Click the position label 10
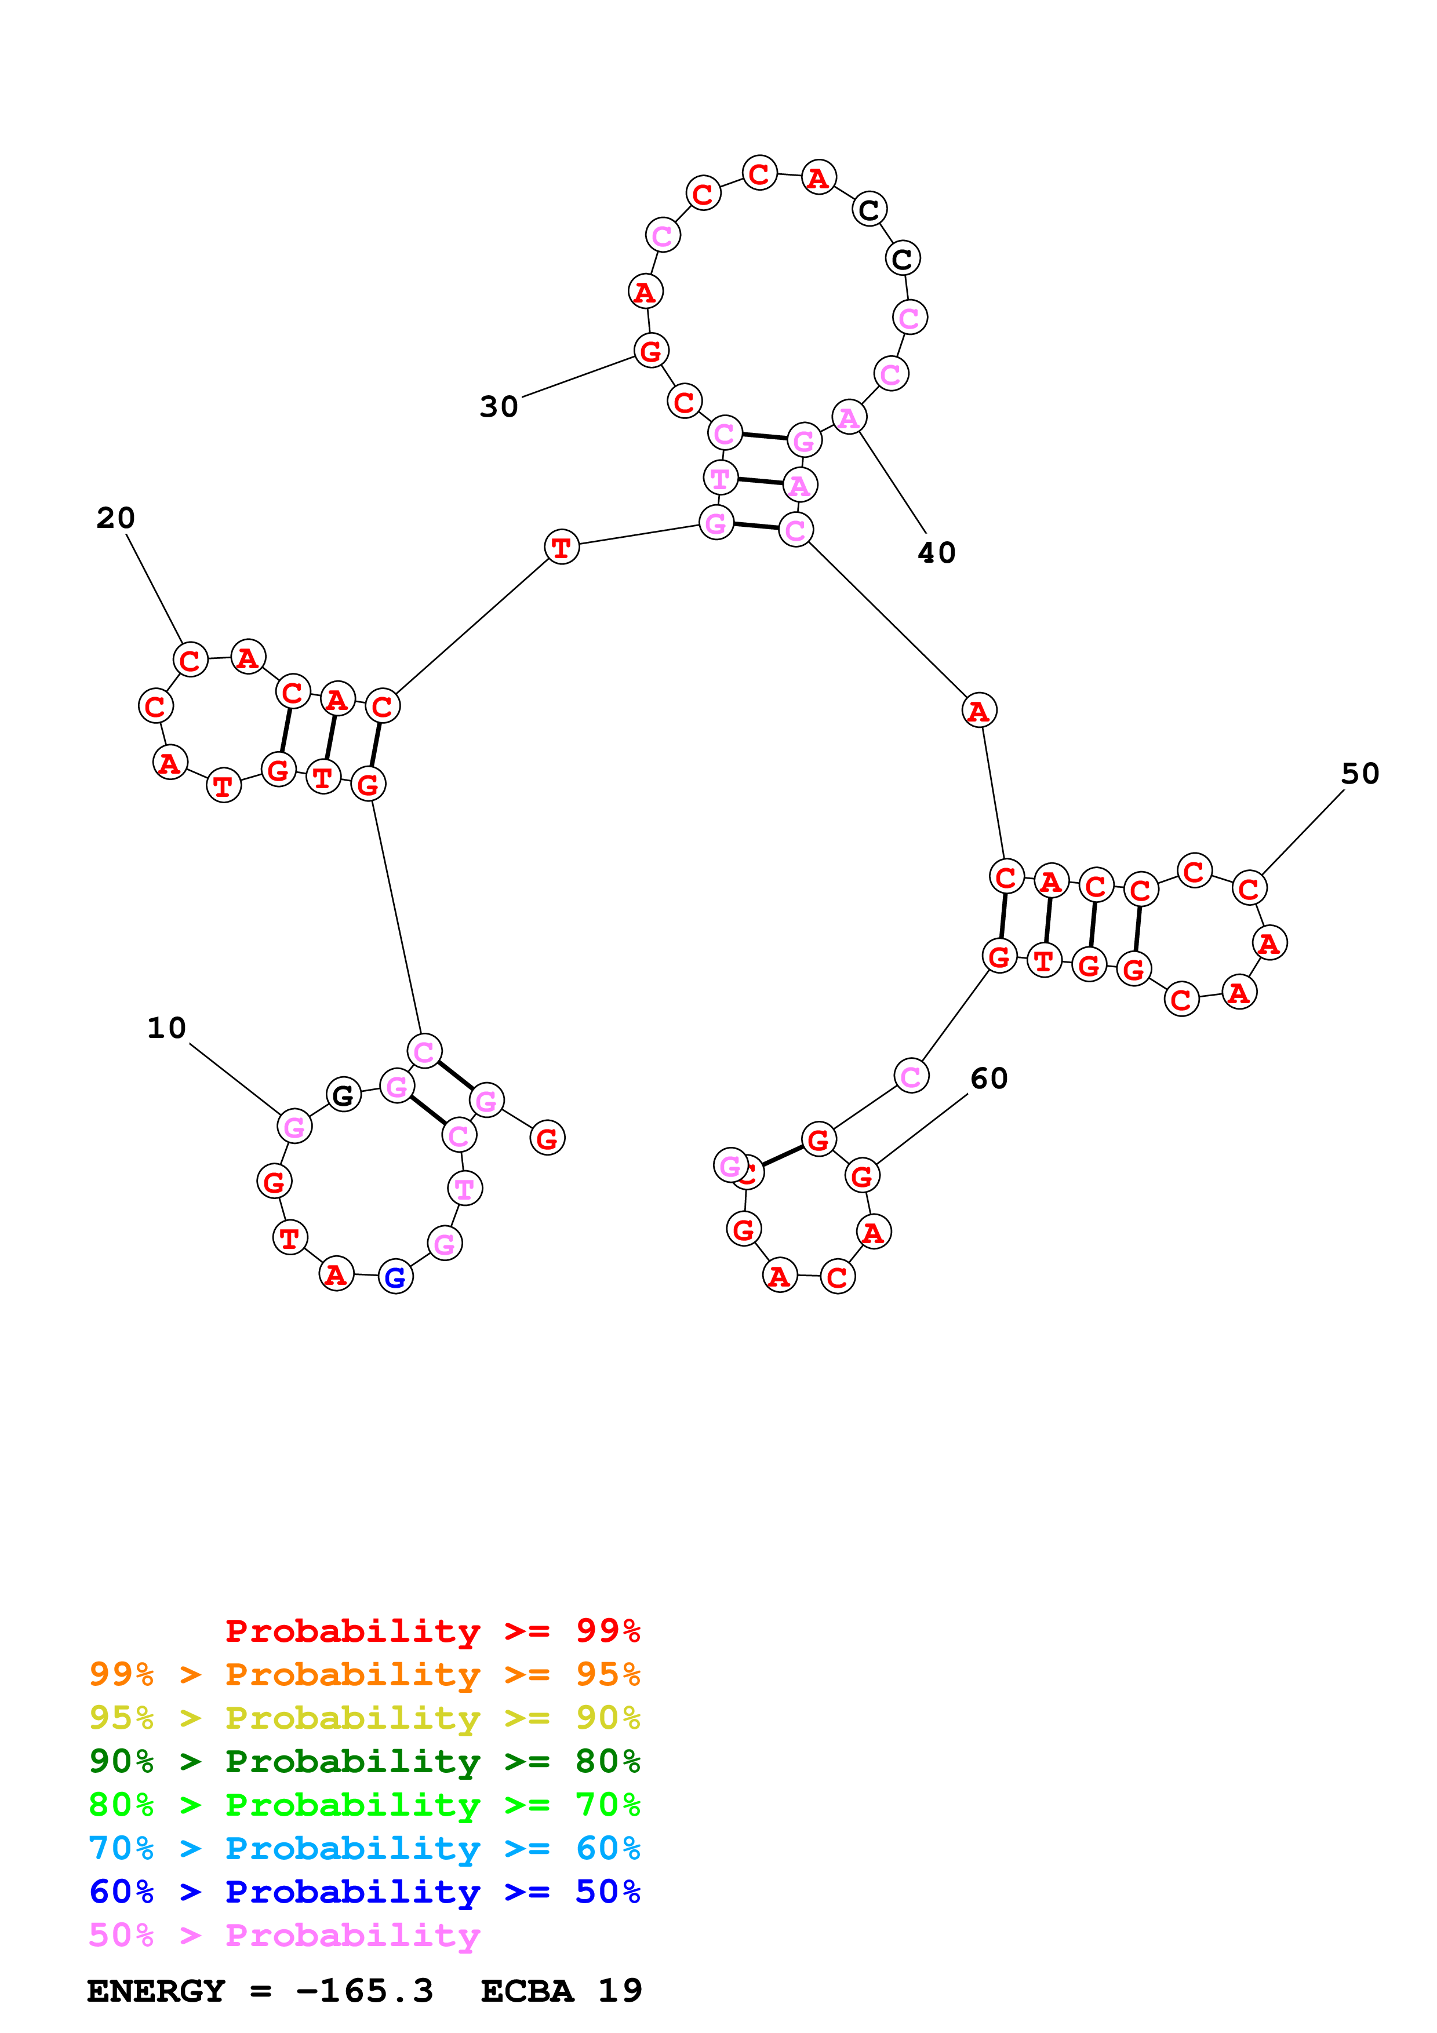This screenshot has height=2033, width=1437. coord(166,1028)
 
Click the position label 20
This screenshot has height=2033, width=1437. coord(115,518)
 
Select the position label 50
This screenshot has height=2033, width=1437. coord(1359,774)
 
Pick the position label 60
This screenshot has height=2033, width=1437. coord(988,1079)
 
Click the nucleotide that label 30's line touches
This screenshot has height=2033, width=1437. coord(651,351)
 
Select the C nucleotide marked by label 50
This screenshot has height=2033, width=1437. coord(1249,888)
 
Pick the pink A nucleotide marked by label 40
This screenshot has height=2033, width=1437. coord(848,417)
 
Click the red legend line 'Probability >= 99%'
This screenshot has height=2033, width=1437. coord(432,1631)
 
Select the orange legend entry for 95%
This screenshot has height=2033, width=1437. coord(364,1674)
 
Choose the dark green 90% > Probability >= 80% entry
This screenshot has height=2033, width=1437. coord(364,1761)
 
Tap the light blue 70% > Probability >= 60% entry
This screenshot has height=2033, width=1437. coord(364,1848)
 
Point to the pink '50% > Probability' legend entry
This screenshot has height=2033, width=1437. coord(283,1934)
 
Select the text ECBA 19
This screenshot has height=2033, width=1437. coord(561,1991)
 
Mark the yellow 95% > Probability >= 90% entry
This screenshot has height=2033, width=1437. coord(364,1718)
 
